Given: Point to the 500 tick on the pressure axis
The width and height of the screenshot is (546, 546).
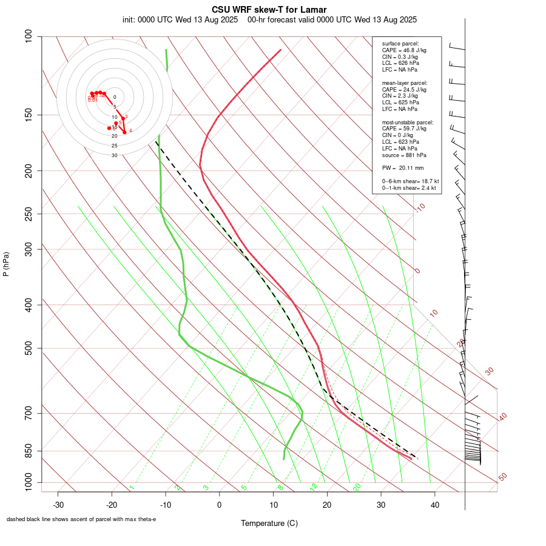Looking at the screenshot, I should pyautogui.click(x=29, y=348).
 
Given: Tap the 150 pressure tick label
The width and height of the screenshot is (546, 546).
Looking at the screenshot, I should pyautogui.click(x=29, y=115).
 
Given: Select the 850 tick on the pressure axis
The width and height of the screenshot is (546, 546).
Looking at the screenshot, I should pyautogui.click(x=29, y=451).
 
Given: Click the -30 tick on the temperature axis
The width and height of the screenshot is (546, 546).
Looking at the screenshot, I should pyautogui.click(x=58, y=505).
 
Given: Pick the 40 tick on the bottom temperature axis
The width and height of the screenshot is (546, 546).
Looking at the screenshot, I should pyautogui.click(x=434, y=505).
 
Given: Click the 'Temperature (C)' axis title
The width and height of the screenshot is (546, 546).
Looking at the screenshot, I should pyautogui.click(x=269, y=523).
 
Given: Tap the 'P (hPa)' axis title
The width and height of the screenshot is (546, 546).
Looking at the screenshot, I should pyautogui.click(x=6, y=264).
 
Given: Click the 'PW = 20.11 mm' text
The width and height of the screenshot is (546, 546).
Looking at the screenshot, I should pyautogui.click(x=403, y=167).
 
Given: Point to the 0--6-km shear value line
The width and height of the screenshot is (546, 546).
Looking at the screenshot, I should pyautogui.click(x=410, y=181).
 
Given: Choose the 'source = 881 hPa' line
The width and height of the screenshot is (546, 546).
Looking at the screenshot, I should pyautogui.click(x=404, y=155).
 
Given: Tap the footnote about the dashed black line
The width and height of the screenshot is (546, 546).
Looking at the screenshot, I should pyautogui.click(x=81, y=519).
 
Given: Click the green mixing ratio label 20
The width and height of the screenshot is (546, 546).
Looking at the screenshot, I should pyautogui.click(x=357, y=487).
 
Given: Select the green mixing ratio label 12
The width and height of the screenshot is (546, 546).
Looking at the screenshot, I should pyautogui.click(x=314, y=487).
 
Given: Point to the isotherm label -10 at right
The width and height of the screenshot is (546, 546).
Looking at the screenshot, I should pyautogui.click(x=420, y=208).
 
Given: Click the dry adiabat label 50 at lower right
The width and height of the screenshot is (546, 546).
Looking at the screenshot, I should pyautogui.click(x=502, y=477).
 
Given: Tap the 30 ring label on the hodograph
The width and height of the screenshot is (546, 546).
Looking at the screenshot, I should pyautogui.click(x=114, y=155).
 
